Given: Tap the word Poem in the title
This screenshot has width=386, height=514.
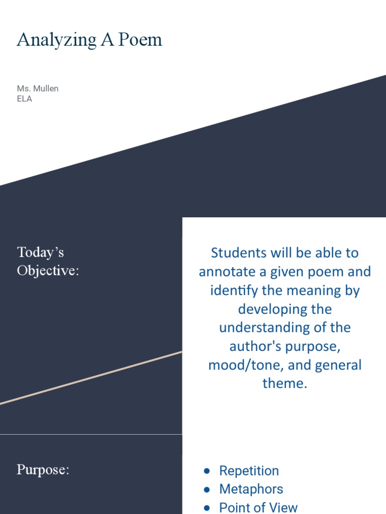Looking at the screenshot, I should click(140, 40).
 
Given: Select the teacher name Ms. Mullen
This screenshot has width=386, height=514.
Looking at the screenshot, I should click(38, 88).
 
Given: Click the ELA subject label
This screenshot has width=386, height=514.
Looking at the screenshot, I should click(25, 99).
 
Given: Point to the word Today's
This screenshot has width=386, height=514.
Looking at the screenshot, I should click(41, 251).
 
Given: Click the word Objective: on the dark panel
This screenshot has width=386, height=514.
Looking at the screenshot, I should click(48, 271).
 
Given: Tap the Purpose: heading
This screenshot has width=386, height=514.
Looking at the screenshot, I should click(43, 470).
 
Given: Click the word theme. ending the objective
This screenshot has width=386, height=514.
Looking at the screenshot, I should click(284, 383).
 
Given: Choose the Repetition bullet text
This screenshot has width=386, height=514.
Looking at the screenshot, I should click(249, 471).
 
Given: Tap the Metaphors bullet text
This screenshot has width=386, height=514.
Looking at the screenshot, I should click(251, 489).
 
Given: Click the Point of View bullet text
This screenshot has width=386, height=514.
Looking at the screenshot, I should click(258, 507).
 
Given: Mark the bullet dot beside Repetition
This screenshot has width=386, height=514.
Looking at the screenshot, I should click(207, 471).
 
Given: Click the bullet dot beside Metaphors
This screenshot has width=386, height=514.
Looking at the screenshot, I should click(207, 489).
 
